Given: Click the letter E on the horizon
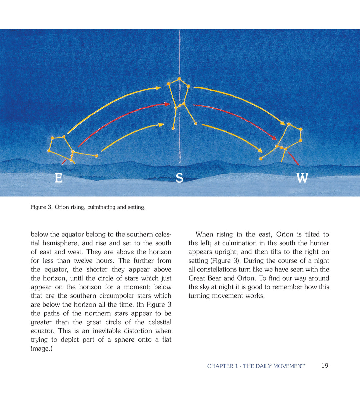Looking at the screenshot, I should (59, 178).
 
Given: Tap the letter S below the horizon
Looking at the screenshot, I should (179, 178).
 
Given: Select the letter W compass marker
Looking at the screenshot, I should (302, 178).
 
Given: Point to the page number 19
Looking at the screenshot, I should (325, 366).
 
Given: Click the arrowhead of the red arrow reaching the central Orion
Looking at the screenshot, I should (168, 104).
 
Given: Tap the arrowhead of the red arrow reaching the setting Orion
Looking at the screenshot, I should (274, 138).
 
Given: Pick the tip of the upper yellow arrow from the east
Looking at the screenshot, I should (158, 88).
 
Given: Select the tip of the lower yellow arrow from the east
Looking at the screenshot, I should (162, 125).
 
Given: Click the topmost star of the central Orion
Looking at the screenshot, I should (179, 79).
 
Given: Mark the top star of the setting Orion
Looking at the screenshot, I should (289, 124).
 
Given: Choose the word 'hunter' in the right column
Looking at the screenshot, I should (319, 243).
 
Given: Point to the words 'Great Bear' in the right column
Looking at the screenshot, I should (205, 278).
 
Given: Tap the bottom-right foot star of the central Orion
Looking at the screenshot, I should (196, 124).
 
